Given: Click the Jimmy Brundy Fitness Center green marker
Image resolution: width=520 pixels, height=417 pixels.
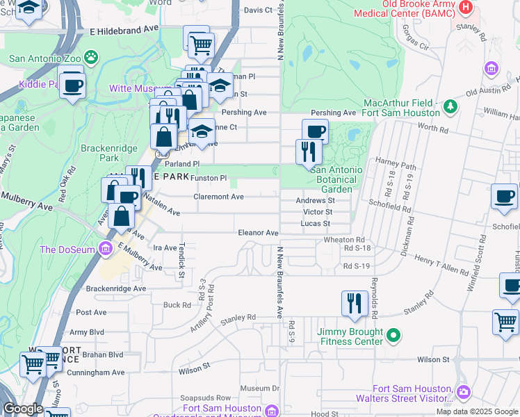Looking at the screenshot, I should [393, 336].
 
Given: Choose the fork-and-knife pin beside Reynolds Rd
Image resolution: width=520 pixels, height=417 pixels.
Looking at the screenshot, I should [355, 303].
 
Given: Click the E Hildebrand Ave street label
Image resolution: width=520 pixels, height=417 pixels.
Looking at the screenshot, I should [124, 31].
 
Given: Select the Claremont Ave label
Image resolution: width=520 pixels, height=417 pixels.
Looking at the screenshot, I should [218, 197].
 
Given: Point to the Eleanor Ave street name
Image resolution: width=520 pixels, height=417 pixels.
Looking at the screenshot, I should [258, 233].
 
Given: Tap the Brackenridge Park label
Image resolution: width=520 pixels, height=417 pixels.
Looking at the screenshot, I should [106, 153].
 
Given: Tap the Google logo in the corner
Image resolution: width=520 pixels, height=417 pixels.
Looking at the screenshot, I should [23, 409].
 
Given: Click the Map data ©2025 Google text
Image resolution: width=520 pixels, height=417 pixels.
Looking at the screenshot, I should [478, 411].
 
